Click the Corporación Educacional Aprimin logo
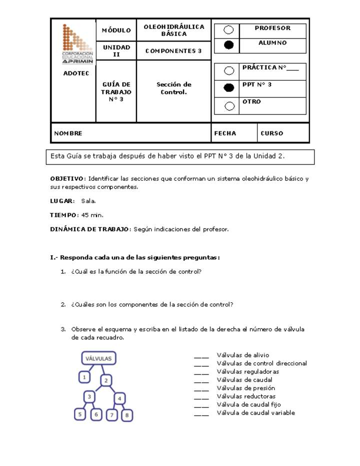pyautogui.click(x=77, y=44)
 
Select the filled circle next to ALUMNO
pyautogui.click(x=228, y=45)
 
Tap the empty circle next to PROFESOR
pyautogui.click(x=228, y=30)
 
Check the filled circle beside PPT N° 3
pyautogui.click(x=228, y=88)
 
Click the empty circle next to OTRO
pyautogui.click(x=229, y=105)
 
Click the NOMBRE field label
pyautogui.click(x=68, y=133)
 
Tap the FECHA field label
pyautogui.click(x=225, y=133)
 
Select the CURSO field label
pyautogui.click(x=271, y=133)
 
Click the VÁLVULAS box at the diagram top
pyautogui.click(x=98, y=358)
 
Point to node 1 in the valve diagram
pyautogui.click(x=85, y=377)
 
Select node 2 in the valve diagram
pyautogui.click(x=106, y=380)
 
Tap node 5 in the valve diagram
pyautogui.click(x=79, y=414)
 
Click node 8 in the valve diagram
pyautogui.click(x=127, y=415)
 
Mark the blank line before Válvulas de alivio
pyautogui.click(x=201, y=356)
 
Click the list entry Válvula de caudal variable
pyautogui.click(x=255, y=413)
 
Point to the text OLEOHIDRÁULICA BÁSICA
pyautogui.click(x=173, y=30)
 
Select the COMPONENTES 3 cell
pyautogui.click(x=173, y=51)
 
